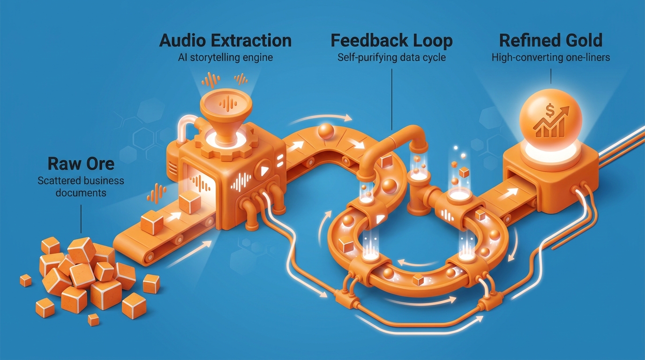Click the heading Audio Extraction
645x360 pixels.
(x=225, y=41)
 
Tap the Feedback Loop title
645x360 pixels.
(x=391, y=41)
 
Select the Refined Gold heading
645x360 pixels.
(x=551, y=41)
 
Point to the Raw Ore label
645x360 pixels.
(x=81, y=164)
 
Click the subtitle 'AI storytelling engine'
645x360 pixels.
(x=225, y=57)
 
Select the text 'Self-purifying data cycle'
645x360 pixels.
(x=391, y=57)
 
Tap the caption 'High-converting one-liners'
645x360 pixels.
(x=551, y=57)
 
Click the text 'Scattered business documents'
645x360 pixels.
(x=81, y=187)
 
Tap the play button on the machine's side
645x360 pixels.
(x=263, y=171)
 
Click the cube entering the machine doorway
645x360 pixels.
(x=190, y=202)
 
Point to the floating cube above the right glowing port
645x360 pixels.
(x=464, y=172)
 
